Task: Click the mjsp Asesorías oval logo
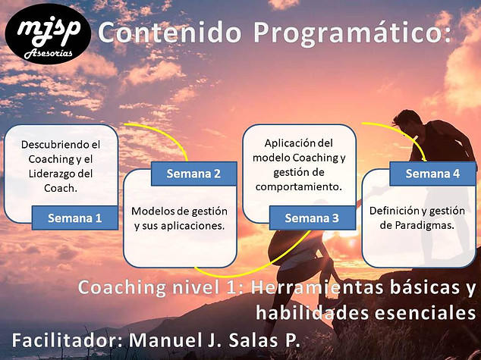coord(48,33)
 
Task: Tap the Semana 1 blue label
coord(75,218)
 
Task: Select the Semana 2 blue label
coord(194,174)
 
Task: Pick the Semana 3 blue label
coord(313,218)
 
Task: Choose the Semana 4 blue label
coord(432,174)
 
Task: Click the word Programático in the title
coord(353,33)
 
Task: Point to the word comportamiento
coord(298,187)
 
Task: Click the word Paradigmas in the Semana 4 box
coord(425,226)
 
